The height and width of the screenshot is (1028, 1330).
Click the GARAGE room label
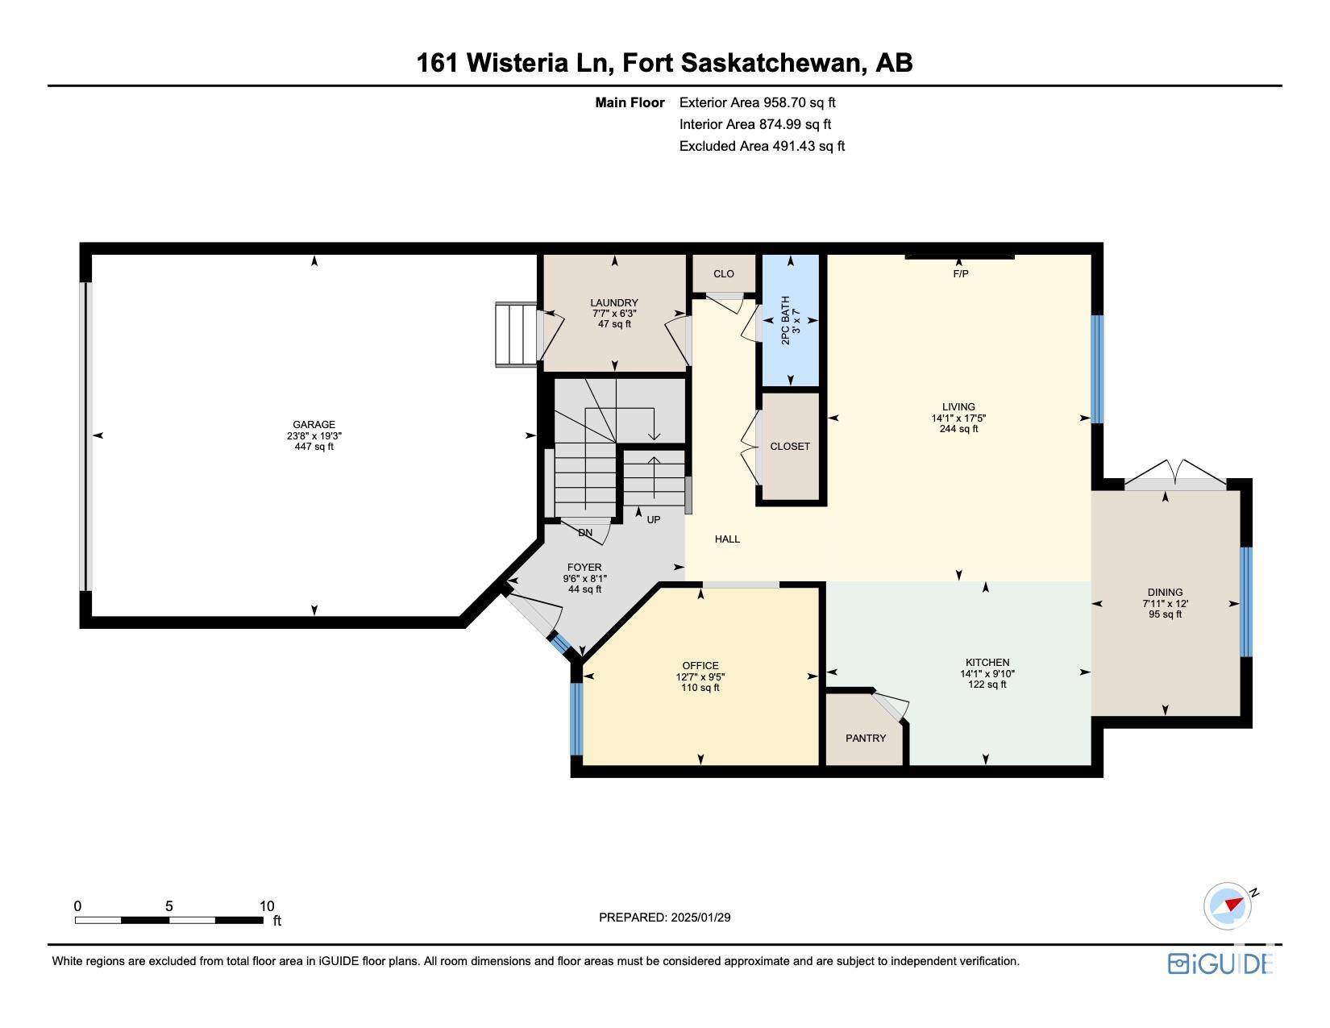(314, 424)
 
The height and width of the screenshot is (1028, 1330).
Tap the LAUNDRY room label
(614, 302)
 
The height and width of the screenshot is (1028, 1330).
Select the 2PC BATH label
(785, 320)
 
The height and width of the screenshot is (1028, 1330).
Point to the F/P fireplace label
(960, 273)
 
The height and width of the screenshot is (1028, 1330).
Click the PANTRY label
(866, 738)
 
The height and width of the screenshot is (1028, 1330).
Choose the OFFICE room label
(700, 665)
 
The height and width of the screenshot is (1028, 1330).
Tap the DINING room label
(1165, 592)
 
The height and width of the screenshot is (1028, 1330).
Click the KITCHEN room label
(987, 662)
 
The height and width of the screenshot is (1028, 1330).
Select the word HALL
(727, 539)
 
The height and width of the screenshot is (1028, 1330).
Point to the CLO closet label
(724, 273)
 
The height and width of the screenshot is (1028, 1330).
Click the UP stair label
(654, 520)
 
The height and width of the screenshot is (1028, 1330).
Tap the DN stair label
(585, 533)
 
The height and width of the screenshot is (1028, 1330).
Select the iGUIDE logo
(1220, 963)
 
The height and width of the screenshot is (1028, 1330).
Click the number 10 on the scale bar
(267, 906)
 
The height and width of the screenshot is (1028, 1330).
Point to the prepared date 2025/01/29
(700, 918)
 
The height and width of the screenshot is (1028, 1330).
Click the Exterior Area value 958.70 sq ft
(799, 102)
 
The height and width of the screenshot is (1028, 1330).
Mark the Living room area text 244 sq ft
(958, 429)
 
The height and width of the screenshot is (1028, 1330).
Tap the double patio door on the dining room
(1176, 475)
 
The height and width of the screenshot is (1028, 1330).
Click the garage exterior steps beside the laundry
(517, 335)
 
